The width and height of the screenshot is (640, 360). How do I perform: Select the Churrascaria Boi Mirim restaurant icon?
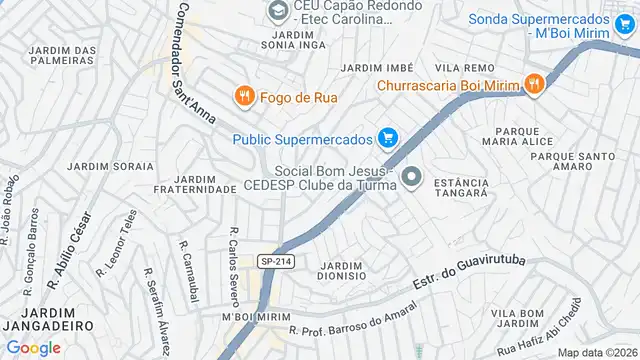(x=534, y=85)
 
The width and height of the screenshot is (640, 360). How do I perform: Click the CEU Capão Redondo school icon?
(x=277, y=11)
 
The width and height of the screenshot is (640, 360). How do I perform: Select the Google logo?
(x=34, y=348)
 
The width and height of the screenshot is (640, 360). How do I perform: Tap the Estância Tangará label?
(x=462, y=188)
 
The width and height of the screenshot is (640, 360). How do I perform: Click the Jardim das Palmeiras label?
(x=62, y=54)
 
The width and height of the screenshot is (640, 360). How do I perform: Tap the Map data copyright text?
(x=597, y=352)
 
